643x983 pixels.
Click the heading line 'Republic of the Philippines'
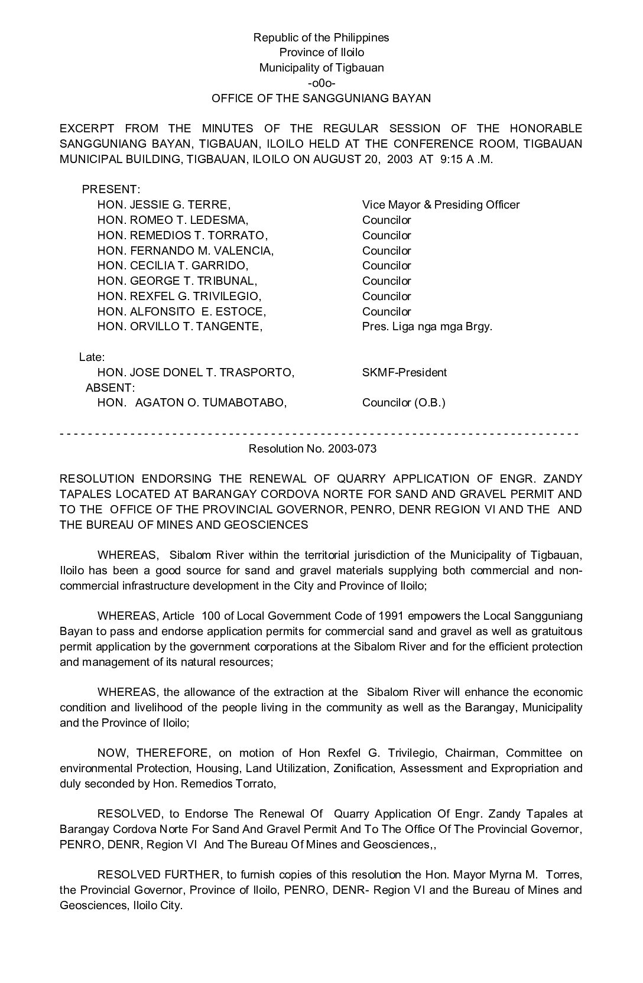pyautogui.click(x=321, y=37)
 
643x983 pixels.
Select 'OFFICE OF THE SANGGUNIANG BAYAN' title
pyautogui.click(x=321, y=99)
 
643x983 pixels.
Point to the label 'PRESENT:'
pyautogui.click(x=111, y=190)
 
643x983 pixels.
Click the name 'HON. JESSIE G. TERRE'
pyautogui.click(x=163, y=205)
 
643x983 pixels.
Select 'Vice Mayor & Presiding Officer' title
pyautogui.click(x=440, y=205)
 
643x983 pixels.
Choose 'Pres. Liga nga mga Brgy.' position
pyautogui.click(x=427, y=327)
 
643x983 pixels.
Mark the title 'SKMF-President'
pyautogui.click(x=404, y=373)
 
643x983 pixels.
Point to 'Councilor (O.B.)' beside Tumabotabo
pyautogui.click(x=404, y=403)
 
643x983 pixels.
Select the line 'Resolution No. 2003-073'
pyautogui.click(x=313, y=449)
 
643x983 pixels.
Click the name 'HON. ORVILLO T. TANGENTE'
pyautogui.click(x=180, y=327)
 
